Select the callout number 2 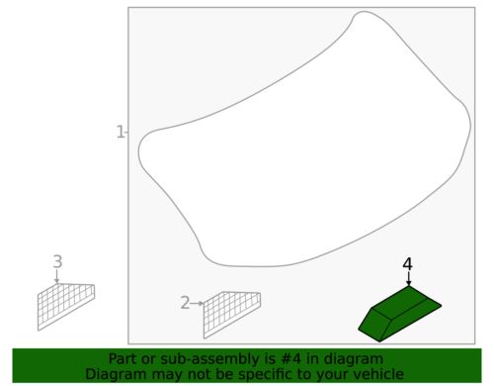[185, 303]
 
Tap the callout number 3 [57, 262]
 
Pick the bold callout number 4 [407, 264]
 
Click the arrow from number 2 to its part [198, 303]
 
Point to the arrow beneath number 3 [57, 278]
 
